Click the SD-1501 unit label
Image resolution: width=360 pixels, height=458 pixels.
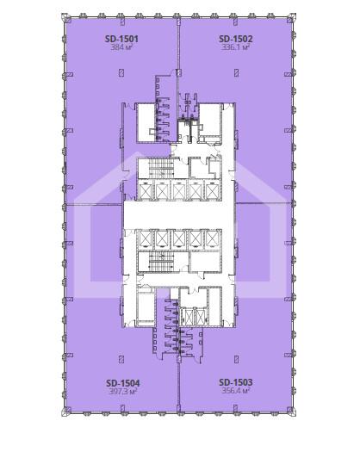coord(121,39)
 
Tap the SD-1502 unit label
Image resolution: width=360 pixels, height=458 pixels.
coord(235,39)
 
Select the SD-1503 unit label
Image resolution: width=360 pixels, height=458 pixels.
coord(235,382)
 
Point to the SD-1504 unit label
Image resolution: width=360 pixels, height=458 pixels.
coord(123,383)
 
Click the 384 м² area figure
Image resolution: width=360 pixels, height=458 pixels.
coord(121,47)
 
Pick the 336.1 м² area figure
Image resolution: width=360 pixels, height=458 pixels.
coord(235,47)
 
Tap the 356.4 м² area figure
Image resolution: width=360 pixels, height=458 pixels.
coord(235,391)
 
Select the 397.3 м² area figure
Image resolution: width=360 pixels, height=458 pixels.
coord(123,392)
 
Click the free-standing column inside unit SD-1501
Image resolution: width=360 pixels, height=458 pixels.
coord(121,72)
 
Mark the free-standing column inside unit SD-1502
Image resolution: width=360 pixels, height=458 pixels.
coord(236,72)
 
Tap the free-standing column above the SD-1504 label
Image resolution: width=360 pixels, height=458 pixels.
coord(121,359)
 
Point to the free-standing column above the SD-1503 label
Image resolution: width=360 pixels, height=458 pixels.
coord(236,359)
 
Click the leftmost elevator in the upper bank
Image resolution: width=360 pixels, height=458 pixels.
coord(145,190)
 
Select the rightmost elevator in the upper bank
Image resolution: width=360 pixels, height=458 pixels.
coord(213,190)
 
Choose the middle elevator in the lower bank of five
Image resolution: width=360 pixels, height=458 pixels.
coord(178,239)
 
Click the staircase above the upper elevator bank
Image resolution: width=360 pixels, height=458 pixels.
coord(162,169)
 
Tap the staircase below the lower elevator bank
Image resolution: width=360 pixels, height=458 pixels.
coord(162,262)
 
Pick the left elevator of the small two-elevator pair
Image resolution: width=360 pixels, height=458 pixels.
coord(187,317)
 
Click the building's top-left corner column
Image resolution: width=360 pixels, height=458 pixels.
coord(66,18)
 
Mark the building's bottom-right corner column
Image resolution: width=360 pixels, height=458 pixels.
coord(291,411)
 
